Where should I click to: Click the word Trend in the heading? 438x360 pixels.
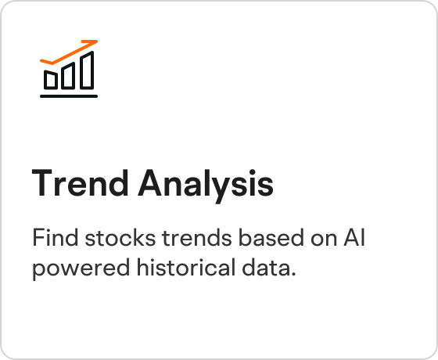click(x=80, y=183)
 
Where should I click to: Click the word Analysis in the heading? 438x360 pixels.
click(x=206, y=186)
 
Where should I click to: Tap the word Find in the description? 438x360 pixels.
click(x=56, y=237)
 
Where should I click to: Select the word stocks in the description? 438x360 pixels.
click(x=120, y=237)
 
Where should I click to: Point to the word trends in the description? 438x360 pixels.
click(x=197, y=237)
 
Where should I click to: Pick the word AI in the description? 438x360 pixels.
click(x=354, y=237)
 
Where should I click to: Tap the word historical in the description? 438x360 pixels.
click(x=186, y=267)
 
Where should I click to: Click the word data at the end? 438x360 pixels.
click(x=266, y=267)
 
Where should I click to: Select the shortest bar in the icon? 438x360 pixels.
click(x=51, y=80)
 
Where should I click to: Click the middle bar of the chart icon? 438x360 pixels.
click(x=68, y=76)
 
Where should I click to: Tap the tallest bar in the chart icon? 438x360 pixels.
click(x=87, y=70)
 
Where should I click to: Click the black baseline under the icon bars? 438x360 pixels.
click(x=69, y=96)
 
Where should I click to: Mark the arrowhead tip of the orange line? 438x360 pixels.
click(x=97, y=41)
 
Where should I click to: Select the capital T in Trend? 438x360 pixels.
click(x=42, y=183)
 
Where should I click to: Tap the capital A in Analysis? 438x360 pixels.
click(x=150, y=183)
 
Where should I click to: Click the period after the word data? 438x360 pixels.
click(x=293, y=274)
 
